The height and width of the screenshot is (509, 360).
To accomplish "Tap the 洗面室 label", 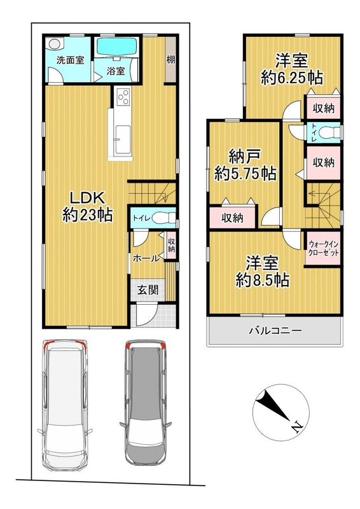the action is [x=70, y=60].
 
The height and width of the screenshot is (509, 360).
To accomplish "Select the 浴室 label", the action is [x=116, y=71].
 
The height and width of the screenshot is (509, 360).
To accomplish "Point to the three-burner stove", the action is [x=123, y=97].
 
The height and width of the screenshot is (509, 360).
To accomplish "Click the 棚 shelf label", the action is [x=170, y=59].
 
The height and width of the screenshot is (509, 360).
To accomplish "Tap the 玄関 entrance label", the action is [x=148, y=290].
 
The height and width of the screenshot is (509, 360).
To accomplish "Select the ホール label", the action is [x=146, y=258].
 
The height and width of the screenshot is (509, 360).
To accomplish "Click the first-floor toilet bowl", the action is [x=161, y=218].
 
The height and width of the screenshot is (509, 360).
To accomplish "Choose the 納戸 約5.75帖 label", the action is [x=245, y=166].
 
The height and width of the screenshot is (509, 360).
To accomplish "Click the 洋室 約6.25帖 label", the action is [x=291, y=69].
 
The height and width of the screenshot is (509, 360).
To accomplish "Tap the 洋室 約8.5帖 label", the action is [x=262, y=272].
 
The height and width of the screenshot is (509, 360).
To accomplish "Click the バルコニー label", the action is [x=275, y=331].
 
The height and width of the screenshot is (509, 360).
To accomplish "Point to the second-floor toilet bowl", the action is [x=327, y=132].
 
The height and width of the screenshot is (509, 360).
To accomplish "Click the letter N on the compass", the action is [x=296, y=428].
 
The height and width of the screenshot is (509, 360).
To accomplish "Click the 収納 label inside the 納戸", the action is [x=232, y=218].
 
